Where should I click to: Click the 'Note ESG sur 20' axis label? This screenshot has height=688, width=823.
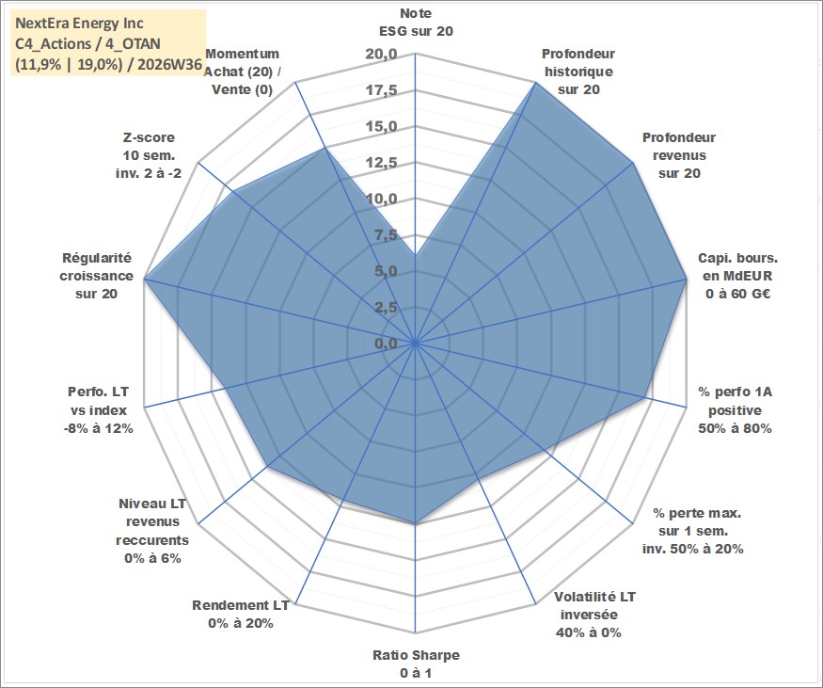point(416,22)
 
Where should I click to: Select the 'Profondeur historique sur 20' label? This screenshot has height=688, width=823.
point(578,72)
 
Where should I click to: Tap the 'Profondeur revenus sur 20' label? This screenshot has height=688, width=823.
point(679,155)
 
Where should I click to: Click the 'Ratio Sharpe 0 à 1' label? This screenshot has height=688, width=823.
point(417,664)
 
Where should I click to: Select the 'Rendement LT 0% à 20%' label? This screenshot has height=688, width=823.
point(241,614)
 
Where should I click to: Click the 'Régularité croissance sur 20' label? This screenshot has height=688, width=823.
point(97,276)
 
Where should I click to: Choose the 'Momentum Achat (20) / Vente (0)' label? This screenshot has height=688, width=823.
point(242,72)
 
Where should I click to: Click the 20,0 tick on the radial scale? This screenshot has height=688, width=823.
point(382,54)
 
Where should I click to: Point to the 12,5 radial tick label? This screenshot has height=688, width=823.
point(382,163)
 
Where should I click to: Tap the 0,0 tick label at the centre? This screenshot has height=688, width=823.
point(386,344)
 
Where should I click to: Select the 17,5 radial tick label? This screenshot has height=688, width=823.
point(382,90)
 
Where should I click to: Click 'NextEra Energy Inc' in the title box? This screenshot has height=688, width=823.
point(79,24)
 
